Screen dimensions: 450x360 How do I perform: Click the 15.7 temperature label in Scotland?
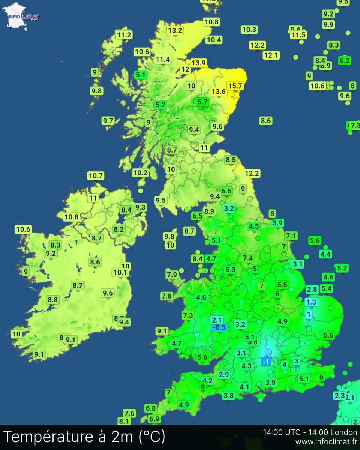pyautogui.click(x=235, y=86)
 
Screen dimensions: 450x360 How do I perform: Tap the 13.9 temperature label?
pyautogui.click(x=198, y=63)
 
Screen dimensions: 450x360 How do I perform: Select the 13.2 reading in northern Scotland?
pyautogui.click(x=175, y=31)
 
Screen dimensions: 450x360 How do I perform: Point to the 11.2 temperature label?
pyautogui.click(x=124, y=35)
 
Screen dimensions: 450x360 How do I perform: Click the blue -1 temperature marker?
pyautogui.click(x=266, y=361)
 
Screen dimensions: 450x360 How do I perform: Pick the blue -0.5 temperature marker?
pyautogui.click(x=219, y=327)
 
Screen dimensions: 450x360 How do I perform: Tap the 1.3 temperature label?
pyautogui.click(x=311, y=301)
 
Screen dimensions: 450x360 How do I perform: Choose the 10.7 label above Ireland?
pyautogui.click(x=96, y=175)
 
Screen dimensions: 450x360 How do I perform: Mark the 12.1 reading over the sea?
pyautogui.click(x=271, y=55)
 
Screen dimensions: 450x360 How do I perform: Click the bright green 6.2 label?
pyautogui.click(x=344, y=60)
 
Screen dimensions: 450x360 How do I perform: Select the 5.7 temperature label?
pyautogui.click(x=202, y=102)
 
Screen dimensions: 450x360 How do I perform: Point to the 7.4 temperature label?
pyautogui.click(x=248, y=258)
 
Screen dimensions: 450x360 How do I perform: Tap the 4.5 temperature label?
pyautogui.click(x=254, y=226)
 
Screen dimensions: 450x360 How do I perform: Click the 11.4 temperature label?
pyautogui.click(x=163, y=60)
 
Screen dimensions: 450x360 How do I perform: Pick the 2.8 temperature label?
pyautogui.click(x=312, y=289)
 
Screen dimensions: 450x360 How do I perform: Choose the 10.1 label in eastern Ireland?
pyautogui.click(x=120, y=273)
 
